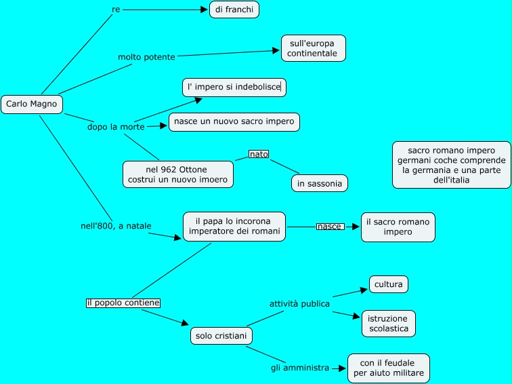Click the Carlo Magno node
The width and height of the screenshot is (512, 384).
tap(31, 104)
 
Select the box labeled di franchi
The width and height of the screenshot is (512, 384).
tap(234, 9)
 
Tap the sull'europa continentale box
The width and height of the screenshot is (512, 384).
tap(313, 48)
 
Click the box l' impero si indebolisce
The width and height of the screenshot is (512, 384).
tap(234, 87)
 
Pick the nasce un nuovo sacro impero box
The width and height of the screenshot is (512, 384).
tap(234, 122)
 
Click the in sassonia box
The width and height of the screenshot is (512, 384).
tap(320, 183)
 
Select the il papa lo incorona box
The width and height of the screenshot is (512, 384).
tap(234, 227)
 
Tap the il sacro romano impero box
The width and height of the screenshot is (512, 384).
tap(398, 227)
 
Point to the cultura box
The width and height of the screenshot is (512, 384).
tap(388, 284)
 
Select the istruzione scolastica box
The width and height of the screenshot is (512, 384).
tap(388, 324)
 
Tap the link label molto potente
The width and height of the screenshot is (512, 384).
tap(146, 57)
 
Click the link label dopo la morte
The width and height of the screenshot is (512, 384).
tap(116, 127)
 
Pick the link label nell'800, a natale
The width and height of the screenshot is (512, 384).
tap(116, 226)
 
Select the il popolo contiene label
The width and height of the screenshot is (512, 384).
tap(123, 303)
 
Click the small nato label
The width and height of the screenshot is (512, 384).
tap(259, 154)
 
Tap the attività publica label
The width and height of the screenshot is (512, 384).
tap(299, 304)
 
